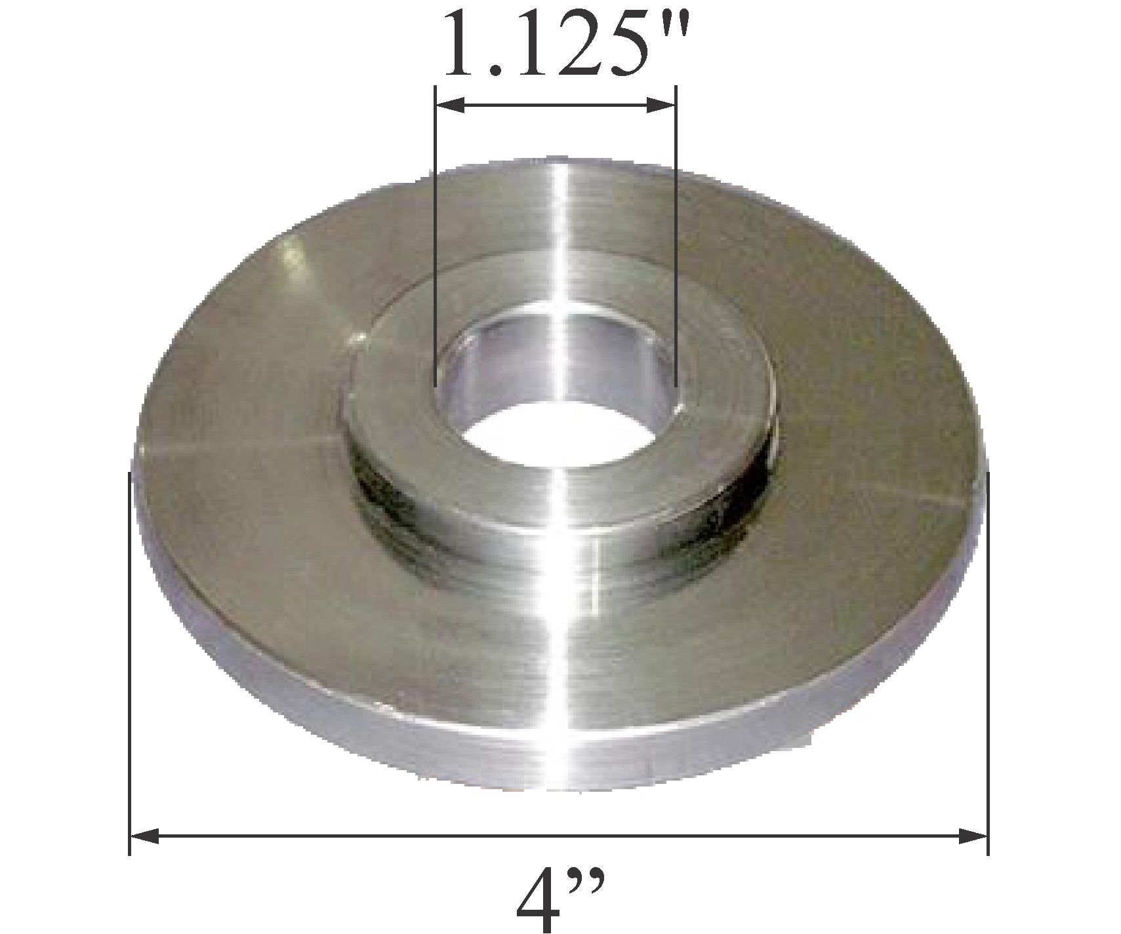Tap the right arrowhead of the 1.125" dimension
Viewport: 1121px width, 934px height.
(x=661, y=105)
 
